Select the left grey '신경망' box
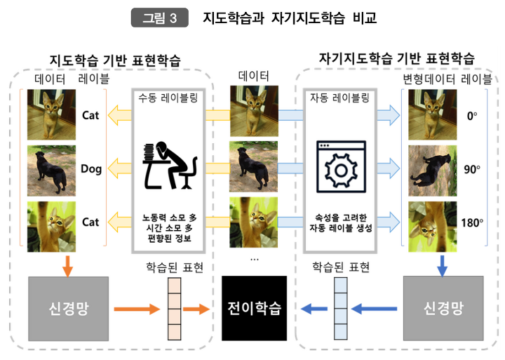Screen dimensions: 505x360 [69, 307]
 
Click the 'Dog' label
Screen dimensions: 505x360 [91, 168]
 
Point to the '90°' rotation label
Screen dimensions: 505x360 [471, 169]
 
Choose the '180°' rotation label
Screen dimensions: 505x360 [472, 222]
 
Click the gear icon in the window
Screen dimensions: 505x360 [339, 168]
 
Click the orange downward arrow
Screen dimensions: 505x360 [67, 265]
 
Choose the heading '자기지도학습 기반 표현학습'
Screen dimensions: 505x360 [396, 57]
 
